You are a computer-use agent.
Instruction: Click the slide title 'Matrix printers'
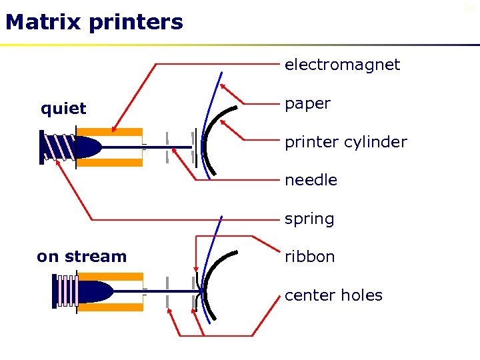point(93,23)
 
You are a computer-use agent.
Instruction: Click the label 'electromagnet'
point(342,65)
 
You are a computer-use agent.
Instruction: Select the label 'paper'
point(307,104)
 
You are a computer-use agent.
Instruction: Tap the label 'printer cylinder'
point(345,142)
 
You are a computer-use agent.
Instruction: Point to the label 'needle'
point(311,180)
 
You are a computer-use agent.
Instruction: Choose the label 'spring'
point(309,219)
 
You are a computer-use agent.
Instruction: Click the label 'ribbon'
point(309,257)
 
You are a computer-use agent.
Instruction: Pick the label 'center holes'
point(333,295)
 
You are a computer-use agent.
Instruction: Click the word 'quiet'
point(63,109)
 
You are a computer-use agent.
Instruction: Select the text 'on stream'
point(81,257)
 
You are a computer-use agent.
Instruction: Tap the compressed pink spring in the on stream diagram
point(65,292)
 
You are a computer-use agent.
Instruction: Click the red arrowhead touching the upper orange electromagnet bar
point(115,130)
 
